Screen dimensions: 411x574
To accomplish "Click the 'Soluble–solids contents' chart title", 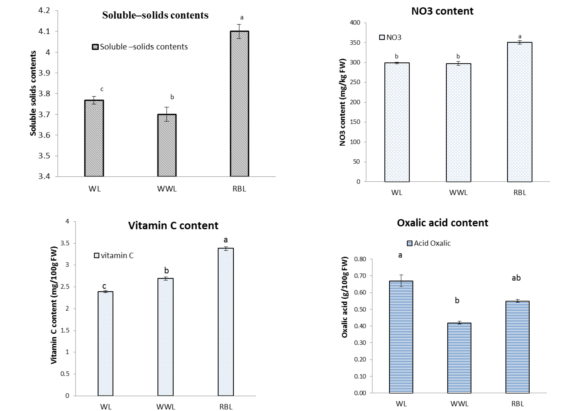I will coord(155,15).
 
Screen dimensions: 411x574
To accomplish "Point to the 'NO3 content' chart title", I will coord(442,11).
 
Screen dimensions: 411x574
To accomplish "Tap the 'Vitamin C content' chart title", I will coord(173,226).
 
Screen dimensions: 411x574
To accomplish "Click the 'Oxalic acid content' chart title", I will coord(443,223).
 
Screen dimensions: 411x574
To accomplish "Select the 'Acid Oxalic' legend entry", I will coord(429,243).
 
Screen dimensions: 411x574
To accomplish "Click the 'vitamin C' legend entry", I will coord(114,255).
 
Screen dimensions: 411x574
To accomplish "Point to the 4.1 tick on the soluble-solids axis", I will coord(44,31).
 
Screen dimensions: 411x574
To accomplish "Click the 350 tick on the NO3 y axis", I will coord(355,43).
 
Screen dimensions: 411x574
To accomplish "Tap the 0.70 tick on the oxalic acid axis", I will coord(360,276).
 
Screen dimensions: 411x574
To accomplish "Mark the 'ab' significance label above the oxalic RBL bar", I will coord(516,278).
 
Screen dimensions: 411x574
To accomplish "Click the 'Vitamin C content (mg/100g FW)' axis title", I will coord(54,305).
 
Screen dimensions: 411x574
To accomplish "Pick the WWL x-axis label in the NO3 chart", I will coord(458,193).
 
